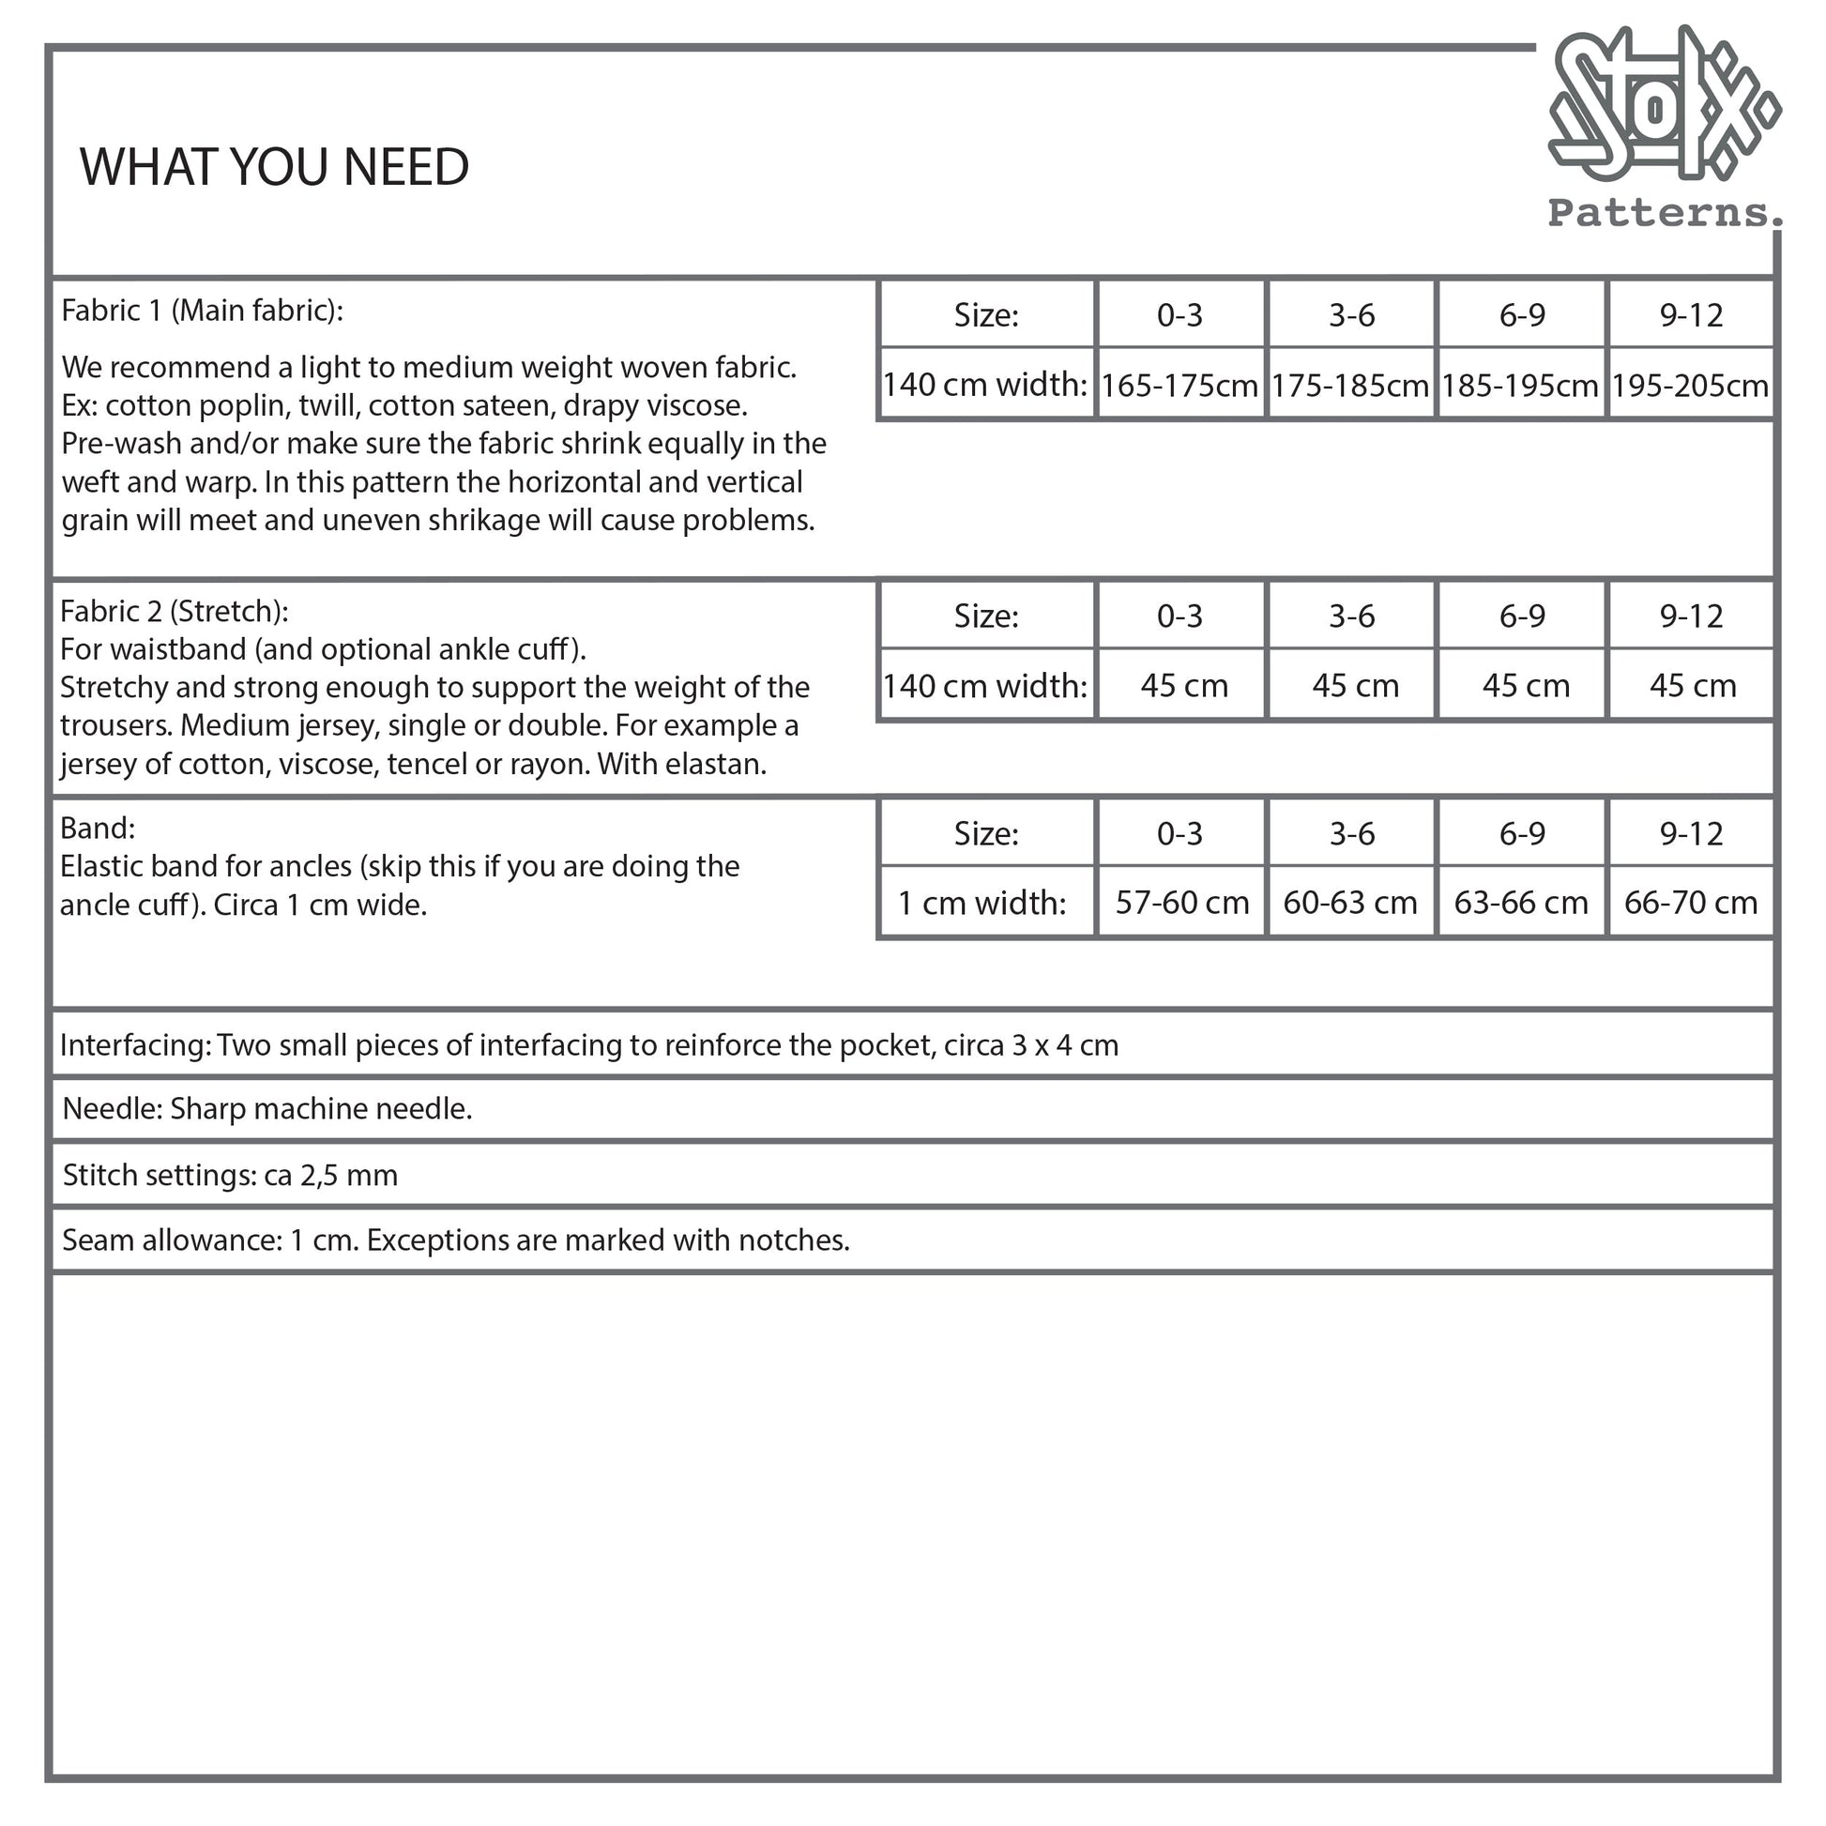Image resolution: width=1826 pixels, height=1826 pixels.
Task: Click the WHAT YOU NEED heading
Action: click(x=274, y=167)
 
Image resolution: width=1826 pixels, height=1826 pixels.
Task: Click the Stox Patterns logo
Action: click(x=1664, y=128)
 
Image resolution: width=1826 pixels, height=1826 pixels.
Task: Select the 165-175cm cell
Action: click(x=1179, y=386)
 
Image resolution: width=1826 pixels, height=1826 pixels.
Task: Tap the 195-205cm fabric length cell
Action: click(x=1690, y=386)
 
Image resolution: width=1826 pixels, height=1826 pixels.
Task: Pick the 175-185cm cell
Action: click(x=1349, y=386)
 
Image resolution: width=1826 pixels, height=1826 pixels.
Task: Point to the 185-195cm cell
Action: click(x=1520, y=386)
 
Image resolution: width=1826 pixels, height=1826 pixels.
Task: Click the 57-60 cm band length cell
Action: click(x=1181, y=903)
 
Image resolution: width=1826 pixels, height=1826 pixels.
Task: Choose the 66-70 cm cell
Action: click(x=1690, y=903)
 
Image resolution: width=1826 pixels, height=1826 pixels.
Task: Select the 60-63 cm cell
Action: click(x=1349, y=903)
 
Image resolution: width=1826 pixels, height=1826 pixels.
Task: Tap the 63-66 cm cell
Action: click(x=1521, y=903)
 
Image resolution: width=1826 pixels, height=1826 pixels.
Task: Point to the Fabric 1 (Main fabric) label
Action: click(x=203, y=311)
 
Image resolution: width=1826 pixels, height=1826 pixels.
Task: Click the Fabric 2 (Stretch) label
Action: click(x=174, y=612)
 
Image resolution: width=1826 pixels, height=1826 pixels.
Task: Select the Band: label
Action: click(x=98, y=828)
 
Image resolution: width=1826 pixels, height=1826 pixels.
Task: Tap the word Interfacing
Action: click(x=135, y=1045)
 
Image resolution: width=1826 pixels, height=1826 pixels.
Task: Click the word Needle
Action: click(x=113, y=1109)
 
